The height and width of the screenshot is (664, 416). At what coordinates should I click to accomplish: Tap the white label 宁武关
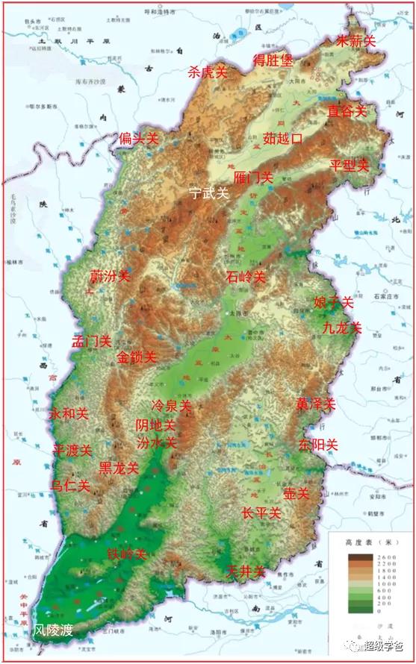tap(208, 192)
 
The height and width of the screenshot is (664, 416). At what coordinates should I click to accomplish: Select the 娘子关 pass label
tap(333, 303)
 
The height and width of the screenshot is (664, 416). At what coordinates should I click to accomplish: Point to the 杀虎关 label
tap(207, 72)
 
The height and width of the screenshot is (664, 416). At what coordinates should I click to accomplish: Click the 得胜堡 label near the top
tap(273, 60)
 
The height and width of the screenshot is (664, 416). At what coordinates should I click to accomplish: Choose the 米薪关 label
tap(356, 41)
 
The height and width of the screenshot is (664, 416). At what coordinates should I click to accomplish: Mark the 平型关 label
tap(350, 165)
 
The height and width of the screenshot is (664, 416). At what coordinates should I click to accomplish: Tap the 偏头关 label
tap(139, 139)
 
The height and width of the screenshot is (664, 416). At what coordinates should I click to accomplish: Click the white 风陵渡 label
tap(53, 630)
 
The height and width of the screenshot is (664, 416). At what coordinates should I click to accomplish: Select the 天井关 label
tap(246, 572)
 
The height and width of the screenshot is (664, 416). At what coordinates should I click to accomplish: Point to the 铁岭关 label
tap(125, 554)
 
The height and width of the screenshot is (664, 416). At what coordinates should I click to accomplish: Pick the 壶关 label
tap(297, 494)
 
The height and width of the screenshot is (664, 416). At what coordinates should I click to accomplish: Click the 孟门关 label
tap(91, 342)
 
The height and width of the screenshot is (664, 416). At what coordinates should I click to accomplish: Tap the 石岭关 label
tap(246, 277)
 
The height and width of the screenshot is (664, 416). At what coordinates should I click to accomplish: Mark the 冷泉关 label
tap(171, 407)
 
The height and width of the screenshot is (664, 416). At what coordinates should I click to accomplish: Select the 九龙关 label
tap(342, 328)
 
